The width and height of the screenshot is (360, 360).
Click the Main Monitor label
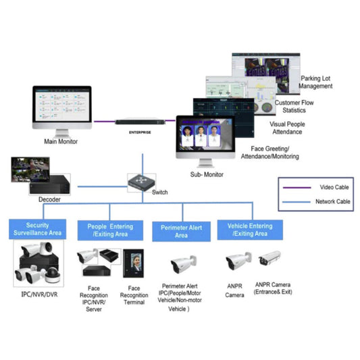[60, 142]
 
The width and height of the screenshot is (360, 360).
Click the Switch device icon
[142, 181]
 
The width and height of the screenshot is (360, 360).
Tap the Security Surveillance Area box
[38, 230]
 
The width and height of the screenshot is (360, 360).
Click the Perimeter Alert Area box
[181, 231]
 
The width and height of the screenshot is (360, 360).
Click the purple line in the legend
[294, 187]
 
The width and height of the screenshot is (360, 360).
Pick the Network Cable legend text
[332, 201]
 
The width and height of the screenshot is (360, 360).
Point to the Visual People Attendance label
[287, 128]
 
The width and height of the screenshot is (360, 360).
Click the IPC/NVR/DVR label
[39, 295]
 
